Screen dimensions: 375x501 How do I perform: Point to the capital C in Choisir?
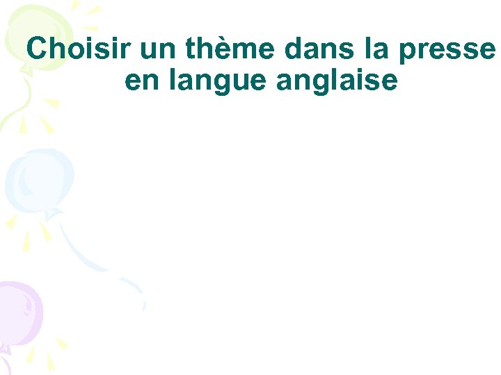38,49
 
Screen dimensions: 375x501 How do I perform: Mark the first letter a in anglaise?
285,83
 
